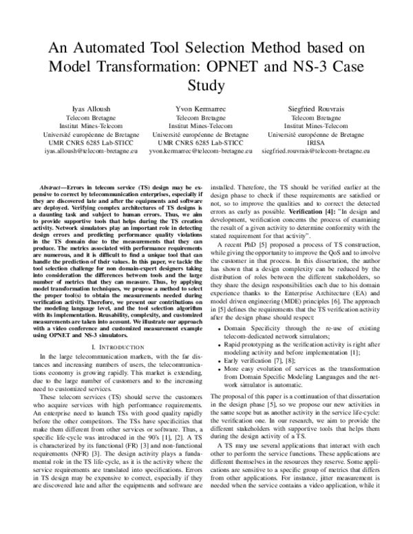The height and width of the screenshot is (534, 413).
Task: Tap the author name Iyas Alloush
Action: pyautogui.click(x=91, y=109)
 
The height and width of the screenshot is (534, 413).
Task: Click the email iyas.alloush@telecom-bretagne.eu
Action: pyautogui.click(x=91, y=148)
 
